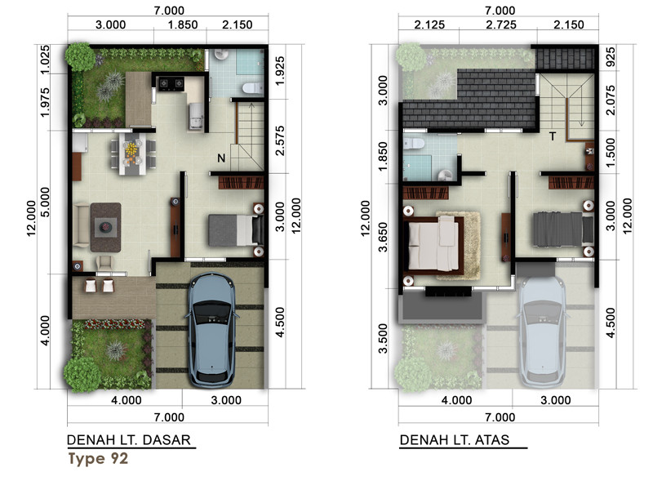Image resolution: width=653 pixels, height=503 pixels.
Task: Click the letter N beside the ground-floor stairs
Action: (221, 158)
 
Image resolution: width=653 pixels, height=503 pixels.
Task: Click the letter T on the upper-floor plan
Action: (553, 136)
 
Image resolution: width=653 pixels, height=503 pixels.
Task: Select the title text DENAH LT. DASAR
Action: (129, 439)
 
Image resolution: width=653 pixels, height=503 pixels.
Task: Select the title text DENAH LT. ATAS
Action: (455, 439)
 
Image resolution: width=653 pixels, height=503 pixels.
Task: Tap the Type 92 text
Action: (98, 458)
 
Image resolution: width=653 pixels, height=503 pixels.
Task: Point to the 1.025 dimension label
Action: (45, 60)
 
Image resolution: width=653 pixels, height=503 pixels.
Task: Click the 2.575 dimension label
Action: (280, 140)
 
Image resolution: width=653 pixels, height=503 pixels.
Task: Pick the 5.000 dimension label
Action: (45, 203)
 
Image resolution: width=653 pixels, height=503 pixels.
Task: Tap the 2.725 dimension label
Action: (501, 24)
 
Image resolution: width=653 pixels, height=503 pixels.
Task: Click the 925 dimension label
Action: (610, 57)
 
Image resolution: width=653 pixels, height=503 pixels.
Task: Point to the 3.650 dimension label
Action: (383, 237)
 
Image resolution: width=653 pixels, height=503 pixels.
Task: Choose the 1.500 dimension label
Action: (610, 153)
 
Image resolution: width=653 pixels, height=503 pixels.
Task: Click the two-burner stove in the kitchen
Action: (171, 84)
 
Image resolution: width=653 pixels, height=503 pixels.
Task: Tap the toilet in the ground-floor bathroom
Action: (252, 88)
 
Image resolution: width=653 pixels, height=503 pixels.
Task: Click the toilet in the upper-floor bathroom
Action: (414, 144)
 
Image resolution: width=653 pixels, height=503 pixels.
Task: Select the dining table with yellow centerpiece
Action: (132, 154)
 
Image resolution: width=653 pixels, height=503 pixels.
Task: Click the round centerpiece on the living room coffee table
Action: (105, 227)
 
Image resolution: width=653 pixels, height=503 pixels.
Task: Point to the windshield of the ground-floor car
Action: (211, 309)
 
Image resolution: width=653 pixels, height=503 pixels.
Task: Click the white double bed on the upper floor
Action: (433, 246)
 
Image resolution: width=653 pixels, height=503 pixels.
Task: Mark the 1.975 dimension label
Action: (45, 102)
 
